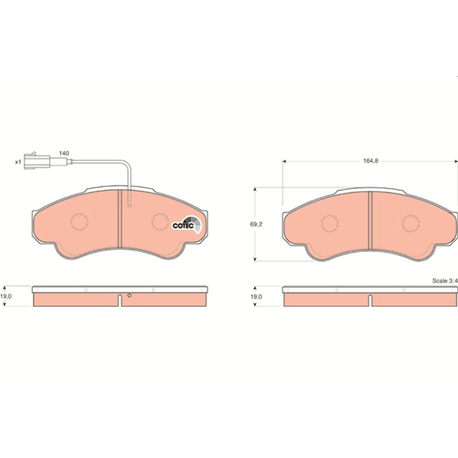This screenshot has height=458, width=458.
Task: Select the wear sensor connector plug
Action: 37,161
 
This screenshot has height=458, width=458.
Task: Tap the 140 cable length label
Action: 64,153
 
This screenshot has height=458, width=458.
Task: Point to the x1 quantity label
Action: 18,162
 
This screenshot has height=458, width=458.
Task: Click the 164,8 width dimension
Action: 370,161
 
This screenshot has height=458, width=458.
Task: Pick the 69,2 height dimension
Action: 256,224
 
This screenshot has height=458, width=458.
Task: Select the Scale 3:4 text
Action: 445,281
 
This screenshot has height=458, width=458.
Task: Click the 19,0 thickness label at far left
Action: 6,296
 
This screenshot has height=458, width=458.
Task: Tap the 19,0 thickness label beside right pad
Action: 256,297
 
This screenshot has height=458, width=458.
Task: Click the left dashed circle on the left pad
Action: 80,222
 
